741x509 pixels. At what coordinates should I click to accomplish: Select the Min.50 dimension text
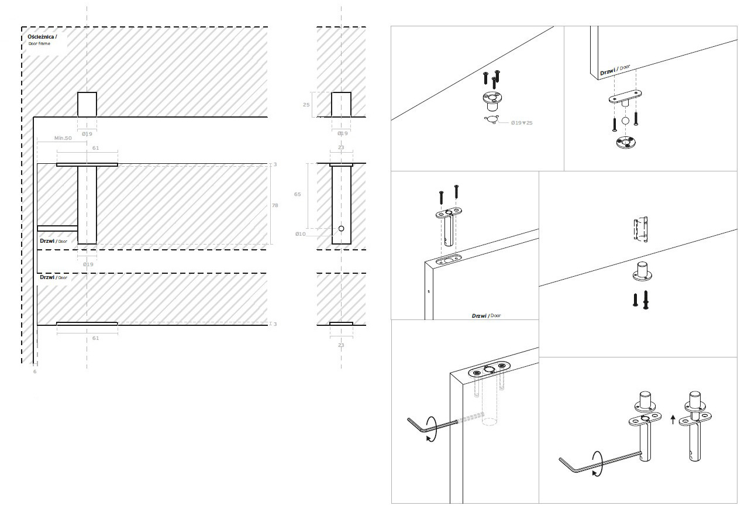tap(62, 137)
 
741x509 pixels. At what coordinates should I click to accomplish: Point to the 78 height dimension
tap(275, 205)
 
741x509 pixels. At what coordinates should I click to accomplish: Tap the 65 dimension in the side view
tap(298, 194)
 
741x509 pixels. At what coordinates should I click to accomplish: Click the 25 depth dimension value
tap(306, 105)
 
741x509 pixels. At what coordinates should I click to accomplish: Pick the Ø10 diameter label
tap(300, 234)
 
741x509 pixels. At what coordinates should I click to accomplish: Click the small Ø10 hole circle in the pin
tap(342, 228)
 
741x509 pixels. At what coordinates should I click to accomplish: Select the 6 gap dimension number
tap(35, 372)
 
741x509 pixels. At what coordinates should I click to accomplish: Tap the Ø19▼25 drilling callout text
tap(521, 123)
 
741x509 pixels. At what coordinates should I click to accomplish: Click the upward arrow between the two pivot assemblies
tap(673, 418)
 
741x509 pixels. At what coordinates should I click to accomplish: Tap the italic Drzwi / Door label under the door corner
tap(486, 315)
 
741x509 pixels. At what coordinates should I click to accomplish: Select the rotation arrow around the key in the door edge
tap(432, 429)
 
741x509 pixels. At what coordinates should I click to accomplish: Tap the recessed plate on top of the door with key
tap(488, 369)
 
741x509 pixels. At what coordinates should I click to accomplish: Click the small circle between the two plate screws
tap(625, 121)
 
